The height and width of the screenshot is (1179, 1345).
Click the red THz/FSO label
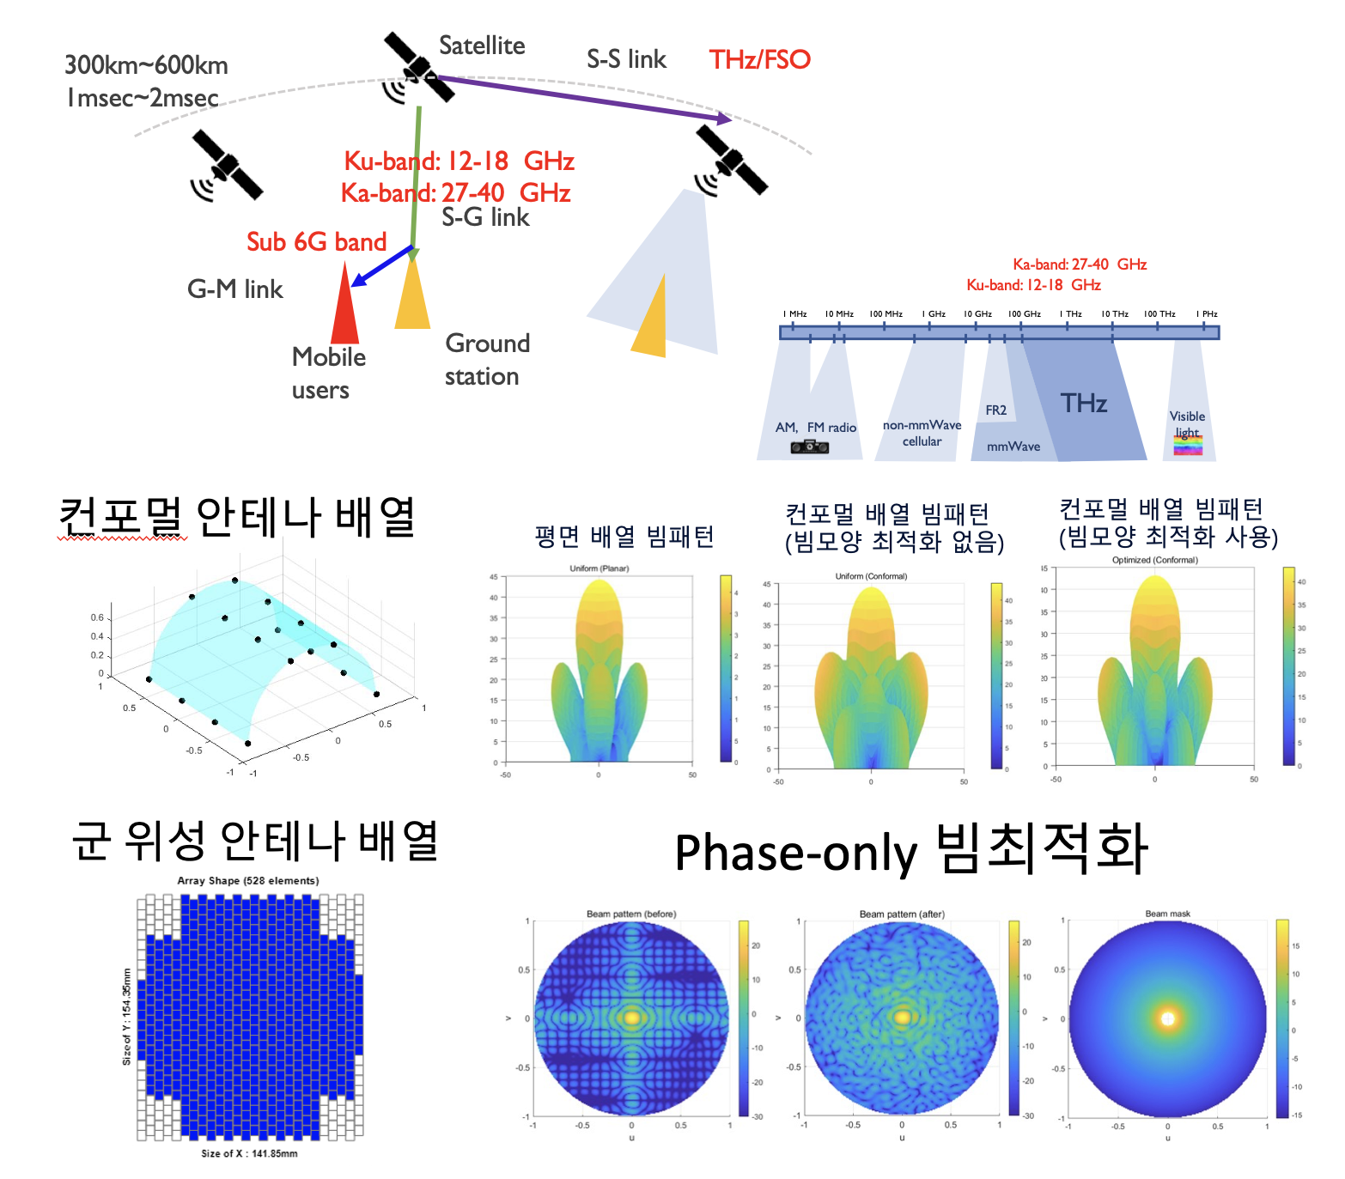[759, 59]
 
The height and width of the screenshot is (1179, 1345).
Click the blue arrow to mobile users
[382, 265]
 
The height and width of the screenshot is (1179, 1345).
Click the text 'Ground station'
[486, 360]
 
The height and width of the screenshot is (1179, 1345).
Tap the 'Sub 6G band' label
[316, 242]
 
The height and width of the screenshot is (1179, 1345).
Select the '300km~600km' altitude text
[146, 65]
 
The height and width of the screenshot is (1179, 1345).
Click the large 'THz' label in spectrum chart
[1083, 403]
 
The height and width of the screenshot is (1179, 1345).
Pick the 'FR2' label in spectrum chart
[995, 410]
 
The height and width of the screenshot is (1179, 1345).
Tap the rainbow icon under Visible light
[1188, 445]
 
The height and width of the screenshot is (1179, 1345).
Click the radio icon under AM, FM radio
[809, 447]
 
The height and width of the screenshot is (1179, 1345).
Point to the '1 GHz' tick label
[934, 314]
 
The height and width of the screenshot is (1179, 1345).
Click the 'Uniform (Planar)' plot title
[599, 568]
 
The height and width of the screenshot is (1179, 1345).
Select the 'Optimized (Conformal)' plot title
[1154, 560]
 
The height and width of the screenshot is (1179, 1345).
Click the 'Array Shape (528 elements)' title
[247, 880]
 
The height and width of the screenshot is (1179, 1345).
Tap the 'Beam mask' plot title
[1167, 914]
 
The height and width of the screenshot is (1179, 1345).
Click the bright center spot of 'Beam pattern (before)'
[631, 1018]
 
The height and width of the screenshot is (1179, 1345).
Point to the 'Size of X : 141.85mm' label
[249, 1153]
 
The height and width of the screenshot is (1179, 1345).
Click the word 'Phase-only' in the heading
[795, 854]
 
